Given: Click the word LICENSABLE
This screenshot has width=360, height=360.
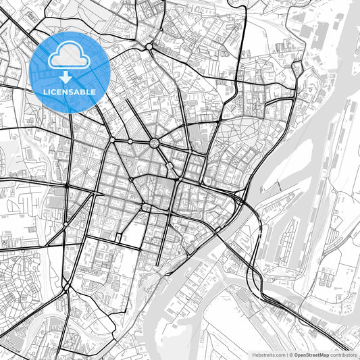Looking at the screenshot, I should pyautogui.click(x=70, y=92).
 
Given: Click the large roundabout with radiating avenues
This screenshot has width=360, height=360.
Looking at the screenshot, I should pyautogui.click(x=155, y=143).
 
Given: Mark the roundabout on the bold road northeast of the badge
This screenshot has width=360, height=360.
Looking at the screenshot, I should pyautogui.click(x=149, y=46).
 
